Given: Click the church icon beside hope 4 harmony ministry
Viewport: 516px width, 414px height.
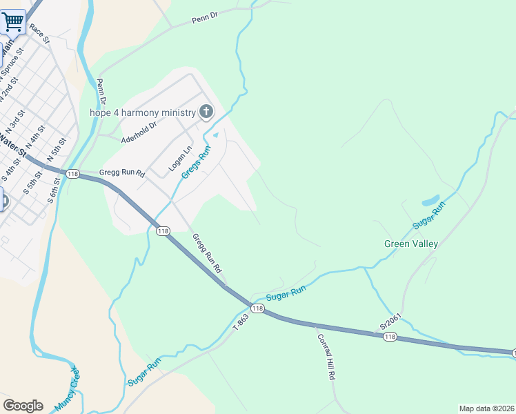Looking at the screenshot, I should click(x=206, y=112).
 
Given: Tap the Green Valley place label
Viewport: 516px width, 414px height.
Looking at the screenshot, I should click(x=411, y=244).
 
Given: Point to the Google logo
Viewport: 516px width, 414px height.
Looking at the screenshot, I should click(x=23, y=406).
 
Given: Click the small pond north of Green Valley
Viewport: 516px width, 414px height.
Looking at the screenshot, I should click(x=430, y=201).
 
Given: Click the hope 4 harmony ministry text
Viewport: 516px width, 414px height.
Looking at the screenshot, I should click(x=143, y=112).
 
